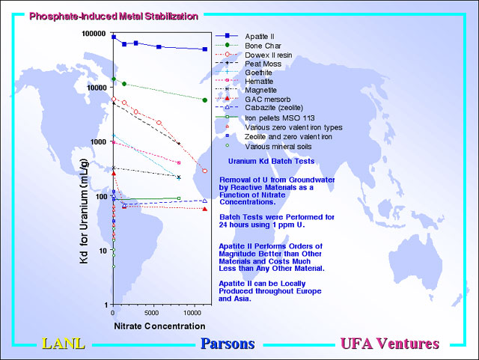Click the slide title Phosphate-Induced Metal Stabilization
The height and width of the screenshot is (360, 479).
pyautogui.click(x=114, y=16)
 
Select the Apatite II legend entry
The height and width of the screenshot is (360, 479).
pyautogui.click(x=260, y=37)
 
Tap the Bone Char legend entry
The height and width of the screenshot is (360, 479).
pyautogui.click(x=263, y=46)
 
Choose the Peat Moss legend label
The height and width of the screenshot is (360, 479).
pyautogui.click(x=263, y=64)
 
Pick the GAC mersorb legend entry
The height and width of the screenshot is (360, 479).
pyautogui.click(x=268, y=100)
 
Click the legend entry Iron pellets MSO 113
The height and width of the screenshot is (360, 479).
pyautogui.click(x=279, y=118)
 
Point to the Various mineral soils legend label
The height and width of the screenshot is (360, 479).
pyautogui.click(x=278, y=147)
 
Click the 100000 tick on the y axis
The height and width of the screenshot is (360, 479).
pyautogui.click(x=94, y=34)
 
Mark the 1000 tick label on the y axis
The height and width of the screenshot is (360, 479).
pyautogui.click(x=98, y=141)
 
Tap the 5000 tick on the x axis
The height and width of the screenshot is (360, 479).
pyautogui.click(x=151, y=313)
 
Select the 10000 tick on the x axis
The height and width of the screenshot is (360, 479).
pyautogui.click(x=192, y=313)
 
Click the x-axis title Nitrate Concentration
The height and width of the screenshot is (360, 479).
pyautogui.click(x=159, y=326)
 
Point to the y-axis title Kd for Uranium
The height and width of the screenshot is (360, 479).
pyautogui.click(x=84, y=211)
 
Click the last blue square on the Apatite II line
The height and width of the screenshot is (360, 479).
pyautogui.click(x=205, y=49)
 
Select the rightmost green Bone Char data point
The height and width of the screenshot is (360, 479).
pyautogui.click(x=205, y=100)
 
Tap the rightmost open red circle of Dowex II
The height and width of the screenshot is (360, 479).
pyautogui.click(x=205, y=171)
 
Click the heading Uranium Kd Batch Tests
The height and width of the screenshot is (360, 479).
pyautogui.click(x=271, y=162)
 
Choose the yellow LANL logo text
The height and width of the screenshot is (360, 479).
pyautogui.click(x=64, y=344)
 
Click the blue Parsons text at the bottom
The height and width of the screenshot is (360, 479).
pyautogui.click(x=228, y=344)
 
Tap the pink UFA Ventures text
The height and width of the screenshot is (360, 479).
pyautogui.click(x=390, y=344)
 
